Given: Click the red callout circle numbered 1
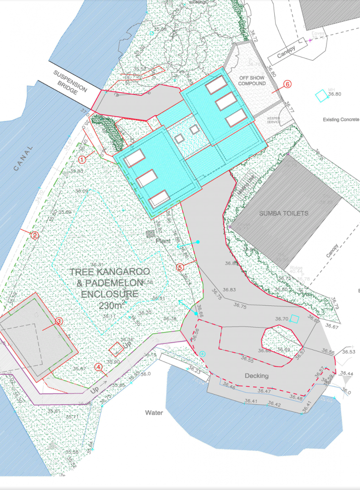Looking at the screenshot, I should click(x=82, y=159).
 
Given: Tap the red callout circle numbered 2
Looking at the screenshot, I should click(x=34, y=235).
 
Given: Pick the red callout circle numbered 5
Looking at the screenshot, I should click(x=180, y=267).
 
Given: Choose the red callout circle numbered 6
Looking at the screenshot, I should click(x=287, y=84).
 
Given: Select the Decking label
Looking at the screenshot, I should click(x=257, y=376).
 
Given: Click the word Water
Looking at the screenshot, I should click(x=154, y=413).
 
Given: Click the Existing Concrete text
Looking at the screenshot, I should click(x=341, y=120).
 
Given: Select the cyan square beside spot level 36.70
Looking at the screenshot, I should click(x=295, y=319).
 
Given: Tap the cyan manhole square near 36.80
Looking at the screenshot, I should click(x=321, y=96).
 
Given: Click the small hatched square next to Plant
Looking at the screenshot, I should click(x=151, y=234).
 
